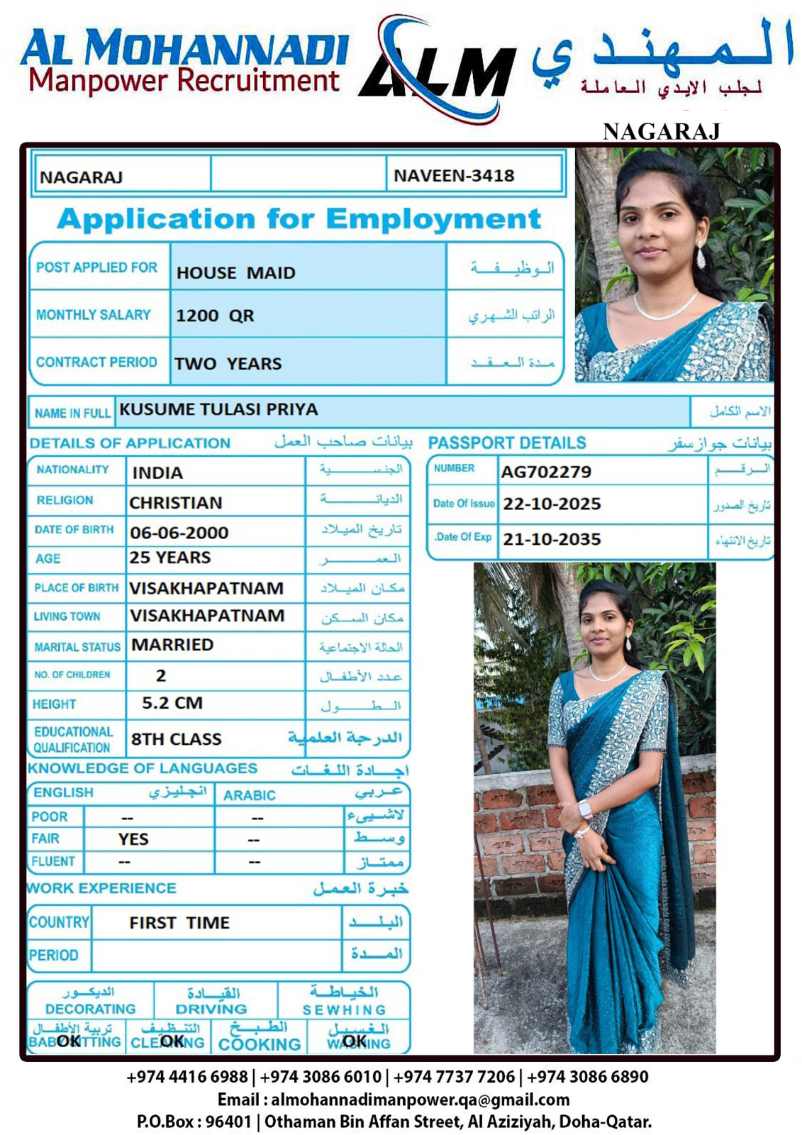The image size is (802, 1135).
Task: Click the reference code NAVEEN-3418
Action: click(x=454, y=175)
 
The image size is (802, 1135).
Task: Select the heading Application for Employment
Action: click(x=299, y=218)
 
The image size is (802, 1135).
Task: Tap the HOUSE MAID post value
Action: click(x=235, y=272)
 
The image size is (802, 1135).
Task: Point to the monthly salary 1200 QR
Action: click(x=215, y=316)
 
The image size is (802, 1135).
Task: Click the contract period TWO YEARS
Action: click(x=228, y=363)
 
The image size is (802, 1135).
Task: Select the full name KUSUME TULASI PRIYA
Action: click(x=218, y=409)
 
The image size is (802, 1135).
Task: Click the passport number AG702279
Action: click(x=546, y=472)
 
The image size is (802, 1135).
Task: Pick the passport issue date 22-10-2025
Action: click(x=552, y=504)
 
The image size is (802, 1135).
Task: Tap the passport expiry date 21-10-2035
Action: click(x=552, y=539)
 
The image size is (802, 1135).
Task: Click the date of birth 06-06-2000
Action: click(x=179, y=533)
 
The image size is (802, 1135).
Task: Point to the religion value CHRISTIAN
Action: click(x=175, y=503)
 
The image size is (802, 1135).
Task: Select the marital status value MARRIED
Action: click(x=172, y=645)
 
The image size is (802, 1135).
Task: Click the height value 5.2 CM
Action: click(x=172, y=703)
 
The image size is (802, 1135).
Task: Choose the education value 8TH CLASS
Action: click(x=176, y=739)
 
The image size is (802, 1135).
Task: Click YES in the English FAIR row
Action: click(x=133, y=839)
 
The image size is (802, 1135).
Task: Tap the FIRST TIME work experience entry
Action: click(x=179, y=923)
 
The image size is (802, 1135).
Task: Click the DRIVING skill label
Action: click(x=211, y=1009)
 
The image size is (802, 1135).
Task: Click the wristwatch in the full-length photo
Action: click(x=586, y=809)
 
